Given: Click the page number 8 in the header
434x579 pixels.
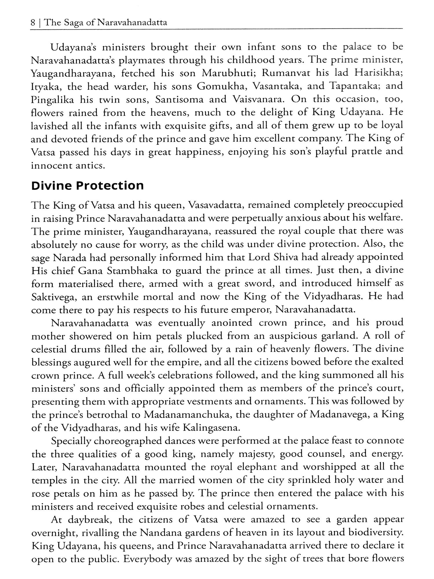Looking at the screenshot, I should pyautogui.click(x=33, y=22).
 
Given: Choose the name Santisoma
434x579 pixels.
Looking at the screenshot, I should pyautogui.click(x=179, y=99).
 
